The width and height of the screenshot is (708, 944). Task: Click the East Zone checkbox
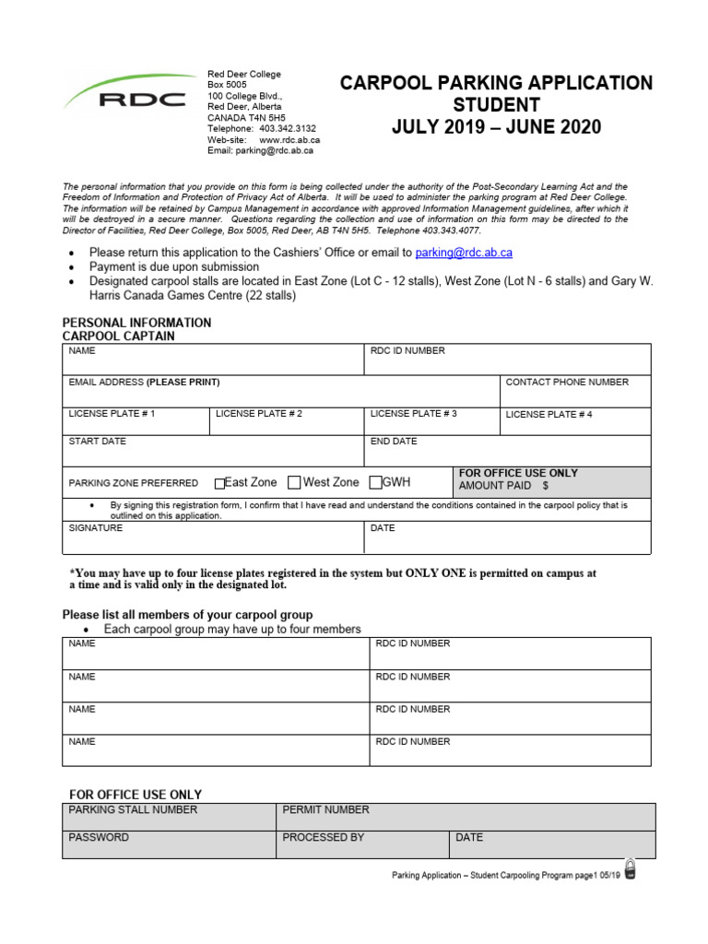click(x=219, y=483)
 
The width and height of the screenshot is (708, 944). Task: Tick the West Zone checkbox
click(x=294, y=482)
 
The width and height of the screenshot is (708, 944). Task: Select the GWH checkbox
click(x=375, y=482)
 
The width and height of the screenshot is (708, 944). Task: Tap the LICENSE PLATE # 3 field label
click(x=413, y=414)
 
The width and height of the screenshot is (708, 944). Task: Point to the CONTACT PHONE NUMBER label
click(x=567, y=382)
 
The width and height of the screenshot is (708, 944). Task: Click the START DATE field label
click(x=98, y=442)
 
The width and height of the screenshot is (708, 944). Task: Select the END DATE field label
click(x=394, y=442)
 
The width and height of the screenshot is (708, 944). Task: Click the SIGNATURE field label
click(x=96, y=528)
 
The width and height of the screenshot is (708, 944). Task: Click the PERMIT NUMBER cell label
click(x=325, y=809)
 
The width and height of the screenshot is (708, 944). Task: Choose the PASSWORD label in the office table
click(x=99, y=838)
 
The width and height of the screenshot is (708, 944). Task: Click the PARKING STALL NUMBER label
click(x=133, y=809)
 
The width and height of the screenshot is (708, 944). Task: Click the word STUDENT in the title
click(x=496, y=105)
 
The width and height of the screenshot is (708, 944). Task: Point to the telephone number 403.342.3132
click(x=288, y=129)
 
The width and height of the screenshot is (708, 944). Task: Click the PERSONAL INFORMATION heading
click(x=136, y=323)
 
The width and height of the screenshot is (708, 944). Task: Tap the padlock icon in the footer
click(x=631, y=869)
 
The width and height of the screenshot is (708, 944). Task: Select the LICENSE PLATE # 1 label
click(x=112, y=414)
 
